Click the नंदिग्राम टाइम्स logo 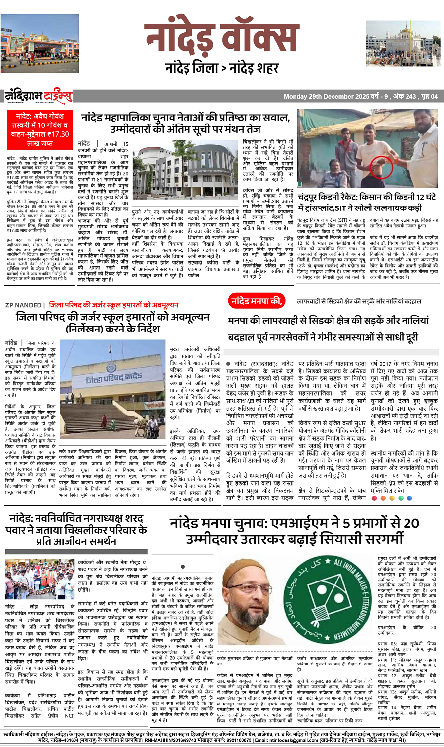(x=38, y=96)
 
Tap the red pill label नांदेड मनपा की (x=256, y=300)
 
